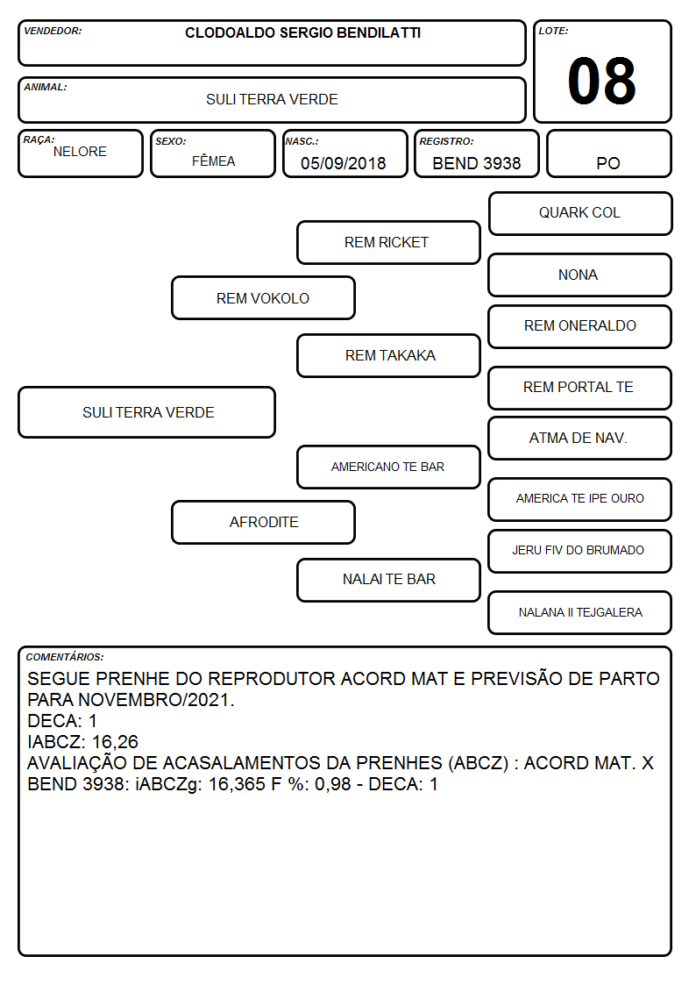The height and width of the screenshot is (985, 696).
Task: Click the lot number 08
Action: [x=601, y=81]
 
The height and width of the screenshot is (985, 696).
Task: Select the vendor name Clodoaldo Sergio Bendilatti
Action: [x=302, y=32]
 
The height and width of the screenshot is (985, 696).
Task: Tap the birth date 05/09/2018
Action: [x=344, y=163]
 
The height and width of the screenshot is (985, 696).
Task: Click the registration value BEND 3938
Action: [x=476, y=163]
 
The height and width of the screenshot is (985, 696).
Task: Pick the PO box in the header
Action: [x=608, y=153]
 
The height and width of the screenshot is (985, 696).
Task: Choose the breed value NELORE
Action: [x=80, y=152]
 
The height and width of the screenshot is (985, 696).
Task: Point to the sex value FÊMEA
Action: [x=213, y=161]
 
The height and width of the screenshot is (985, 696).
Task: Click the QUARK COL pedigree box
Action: [x=580, y=214]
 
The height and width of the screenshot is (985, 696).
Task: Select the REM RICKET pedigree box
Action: [x=388, y=242]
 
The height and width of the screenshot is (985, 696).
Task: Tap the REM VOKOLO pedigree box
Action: [x=263, y=298]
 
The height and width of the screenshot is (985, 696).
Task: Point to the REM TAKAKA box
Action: [x=388, y=355]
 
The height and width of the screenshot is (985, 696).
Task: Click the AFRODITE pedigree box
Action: [x=263, y=523]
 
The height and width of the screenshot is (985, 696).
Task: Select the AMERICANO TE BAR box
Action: [x=388, y=468]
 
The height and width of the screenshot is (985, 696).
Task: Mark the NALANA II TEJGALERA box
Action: [x=580, y=613]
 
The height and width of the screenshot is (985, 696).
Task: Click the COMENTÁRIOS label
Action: [x=65, y=657]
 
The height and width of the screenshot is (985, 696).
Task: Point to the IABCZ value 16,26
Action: [x=115, y=742]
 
